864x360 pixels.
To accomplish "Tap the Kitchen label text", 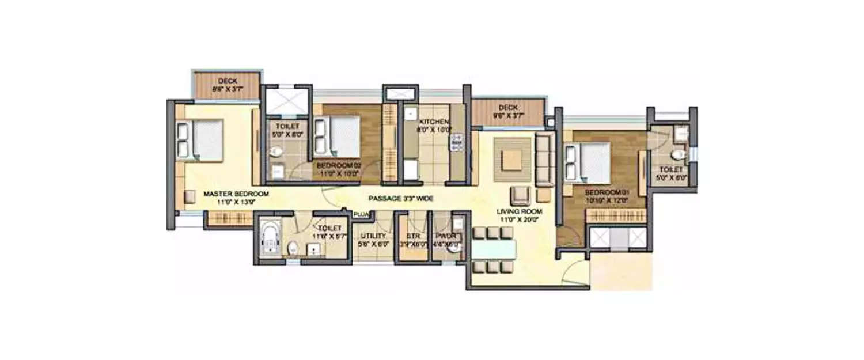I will click(433, 122).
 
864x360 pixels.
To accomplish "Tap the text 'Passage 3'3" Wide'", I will click(401, 199).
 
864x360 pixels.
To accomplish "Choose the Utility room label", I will click(372, 236).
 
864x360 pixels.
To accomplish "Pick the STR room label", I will click(412, 236).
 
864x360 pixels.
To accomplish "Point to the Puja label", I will click(361, 215).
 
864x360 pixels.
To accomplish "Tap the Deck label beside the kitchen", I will click(508, 108).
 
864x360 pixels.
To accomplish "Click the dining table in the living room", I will click(493, 249).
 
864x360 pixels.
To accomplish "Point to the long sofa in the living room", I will click(544, 158).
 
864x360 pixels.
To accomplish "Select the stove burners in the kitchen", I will click(457, 142).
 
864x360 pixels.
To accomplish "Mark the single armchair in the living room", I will click(520, 195).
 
